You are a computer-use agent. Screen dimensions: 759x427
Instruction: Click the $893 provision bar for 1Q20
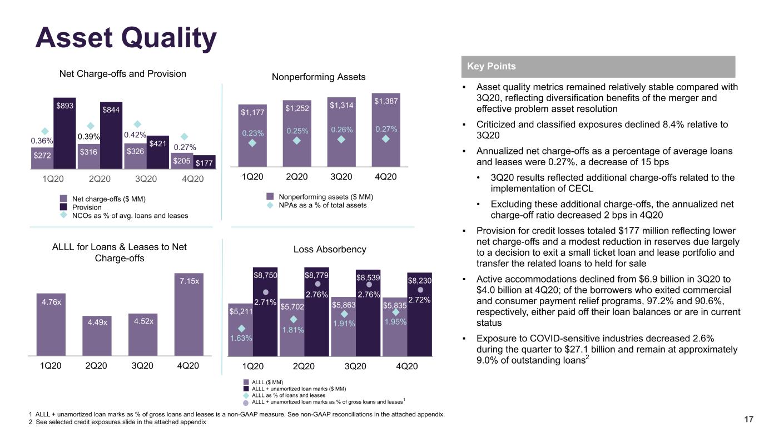point(65,133)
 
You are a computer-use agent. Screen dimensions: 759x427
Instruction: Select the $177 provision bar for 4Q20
point(204,162)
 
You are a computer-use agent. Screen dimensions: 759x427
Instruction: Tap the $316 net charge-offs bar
point(89,156)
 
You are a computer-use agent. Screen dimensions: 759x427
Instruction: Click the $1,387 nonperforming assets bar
point(386,130)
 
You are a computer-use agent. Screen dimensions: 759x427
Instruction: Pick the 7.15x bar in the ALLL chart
point(189,315)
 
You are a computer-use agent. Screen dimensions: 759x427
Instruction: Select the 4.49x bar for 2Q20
point(97,336)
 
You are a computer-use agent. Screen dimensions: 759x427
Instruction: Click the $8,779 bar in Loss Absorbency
point(316,312)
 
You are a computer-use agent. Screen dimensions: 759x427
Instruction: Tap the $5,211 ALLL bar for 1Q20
point(241,330)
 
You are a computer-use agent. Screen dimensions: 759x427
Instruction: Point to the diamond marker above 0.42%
point(137,124)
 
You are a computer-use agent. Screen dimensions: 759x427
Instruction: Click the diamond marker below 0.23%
point(252,143)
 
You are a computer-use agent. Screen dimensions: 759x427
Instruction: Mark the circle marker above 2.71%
point(266,292)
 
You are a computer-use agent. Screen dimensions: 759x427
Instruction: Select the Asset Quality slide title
point(126,38)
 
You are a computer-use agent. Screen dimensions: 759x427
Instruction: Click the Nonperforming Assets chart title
point(319,77)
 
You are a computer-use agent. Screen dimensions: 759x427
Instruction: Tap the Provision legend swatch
point(63,207)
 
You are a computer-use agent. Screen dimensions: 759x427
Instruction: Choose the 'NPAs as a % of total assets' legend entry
point(323,205)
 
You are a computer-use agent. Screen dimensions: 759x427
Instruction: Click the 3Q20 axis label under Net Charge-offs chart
point(146,179)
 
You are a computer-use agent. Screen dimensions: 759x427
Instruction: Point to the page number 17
point(748,419)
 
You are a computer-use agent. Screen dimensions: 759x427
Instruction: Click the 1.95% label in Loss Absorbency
point(395,321)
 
